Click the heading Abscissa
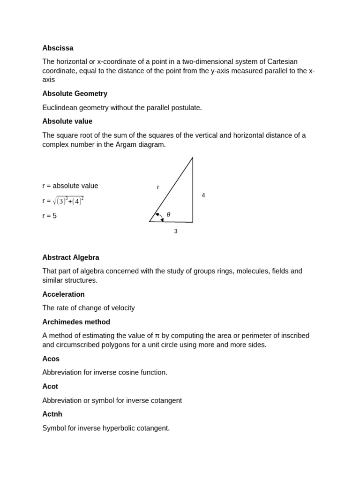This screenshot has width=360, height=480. (x=58, y=48)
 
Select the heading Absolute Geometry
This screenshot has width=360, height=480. (x=75, y=94)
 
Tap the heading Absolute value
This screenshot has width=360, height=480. (x=67, y=121)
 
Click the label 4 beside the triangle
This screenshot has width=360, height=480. (x=203, y=195)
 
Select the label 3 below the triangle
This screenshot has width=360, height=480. (x=176, y=231)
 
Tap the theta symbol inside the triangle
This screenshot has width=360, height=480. (x=168, y=215)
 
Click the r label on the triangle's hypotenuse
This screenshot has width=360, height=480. (x=158, y=187)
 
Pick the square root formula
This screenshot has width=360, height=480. (x=68, y=201)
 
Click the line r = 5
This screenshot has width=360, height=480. (x=49, y=216)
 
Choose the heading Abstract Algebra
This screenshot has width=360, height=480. (x=70, y=257)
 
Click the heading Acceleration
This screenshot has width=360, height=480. (x=63, y=294)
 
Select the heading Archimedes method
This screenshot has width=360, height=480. (x=76, y=322)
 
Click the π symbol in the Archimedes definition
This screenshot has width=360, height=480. (x=157, y=336)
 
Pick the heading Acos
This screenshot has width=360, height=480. (x=51, y=359)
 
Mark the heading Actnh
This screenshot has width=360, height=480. (x=52, y=414)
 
